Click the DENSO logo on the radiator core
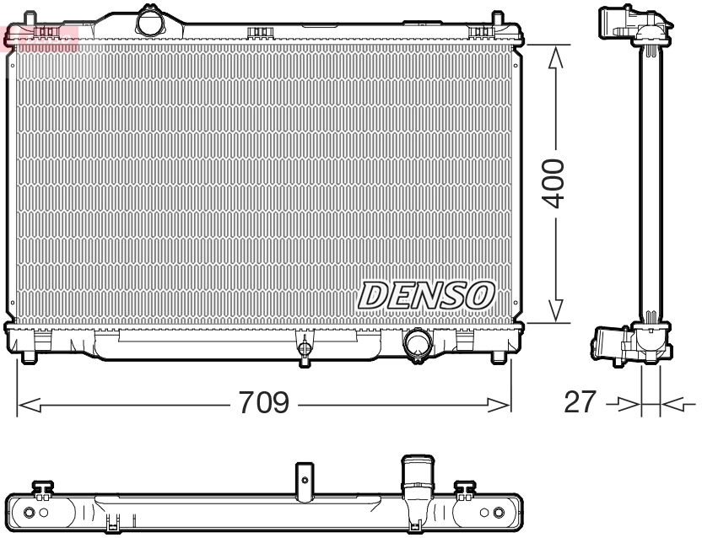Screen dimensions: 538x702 click(x=427, y=294)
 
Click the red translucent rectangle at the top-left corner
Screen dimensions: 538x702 click(x=40, y=38)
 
